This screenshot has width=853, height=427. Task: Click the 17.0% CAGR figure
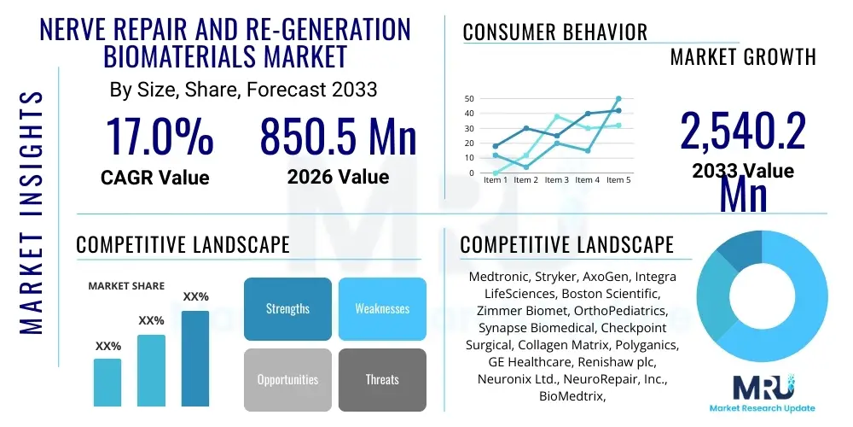coord(159,137)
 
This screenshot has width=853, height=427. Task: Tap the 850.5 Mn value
coord(338,137)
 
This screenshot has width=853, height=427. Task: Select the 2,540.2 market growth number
coord(742,133)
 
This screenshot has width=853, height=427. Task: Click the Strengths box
coord(287,308)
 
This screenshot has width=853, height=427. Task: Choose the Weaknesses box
coord(382,308)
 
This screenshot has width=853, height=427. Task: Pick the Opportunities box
coord(287,379)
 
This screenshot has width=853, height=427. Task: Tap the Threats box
coord(382,379)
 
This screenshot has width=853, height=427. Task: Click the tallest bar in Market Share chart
coord(195,358)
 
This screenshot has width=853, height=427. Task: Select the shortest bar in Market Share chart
coord(107,382)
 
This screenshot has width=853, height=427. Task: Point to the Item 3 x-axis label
coord(557,180)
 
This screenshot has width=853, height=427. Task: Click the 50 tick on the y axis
coord(468,99)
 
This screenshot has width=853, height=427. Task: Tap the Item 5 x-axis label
coord(617,180)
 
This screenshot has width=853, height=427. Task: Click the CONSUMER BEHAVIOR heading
coord(554,32)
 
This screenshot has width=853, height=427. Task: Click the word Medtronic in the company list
coord(499,278)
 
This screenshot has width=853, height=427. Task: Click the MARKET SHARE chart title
coord(126,286)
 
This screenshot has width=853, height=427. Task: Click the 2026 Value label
coord(338,177)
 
